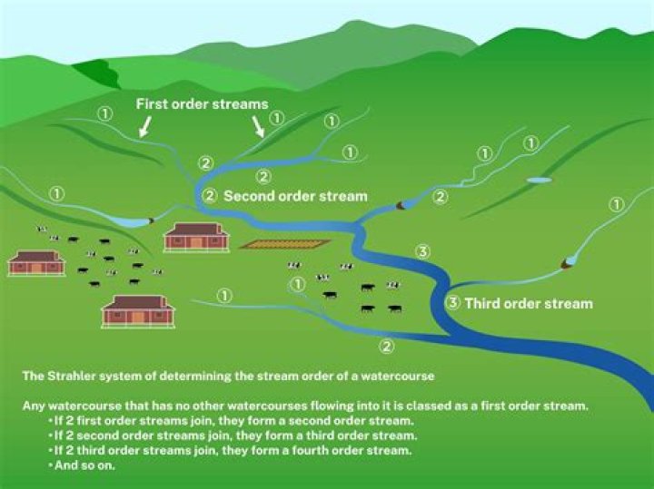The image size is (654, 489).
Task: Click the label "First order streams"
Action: [x=203, y=104]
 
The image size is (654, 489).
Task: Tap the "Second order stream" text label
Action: [x=295, y=196]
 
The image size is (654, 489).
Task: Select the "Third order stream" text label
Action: [x=529, y=303]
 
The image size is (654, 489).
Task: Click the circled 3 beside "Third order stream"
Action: [x=453, y=303]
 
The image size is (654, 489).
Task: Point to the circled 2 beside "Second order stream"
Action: [x=210, y=195]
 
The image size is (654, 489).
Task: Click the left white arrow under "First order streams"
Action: [x=144, y=126]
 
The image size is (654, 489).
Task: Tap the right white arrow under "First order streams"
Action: [x=258, y=126]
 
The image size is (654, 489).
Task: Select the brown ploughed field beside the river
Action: [x=285, y=244]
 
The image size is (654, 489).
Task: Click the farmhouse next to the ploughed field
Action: [x=196, y=238]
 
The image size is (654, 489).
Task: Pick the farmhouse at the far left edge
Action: [x=36, y=263]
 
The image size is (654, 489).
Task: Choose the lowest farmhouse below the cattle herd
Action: [x=138, y=311]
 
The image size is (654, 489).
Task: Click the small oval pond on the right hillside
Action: [x=539, y=180]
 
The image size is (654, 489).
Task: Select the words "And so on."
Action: [x=84, y=465]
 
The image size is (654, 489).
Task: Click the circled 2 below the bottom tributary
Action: [x=387, y=347]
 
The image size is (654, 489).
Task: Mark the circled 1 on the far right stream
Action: [x=617, y=204]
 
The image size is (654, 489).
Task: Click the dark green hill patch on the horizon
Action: [x=99, y=73]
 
